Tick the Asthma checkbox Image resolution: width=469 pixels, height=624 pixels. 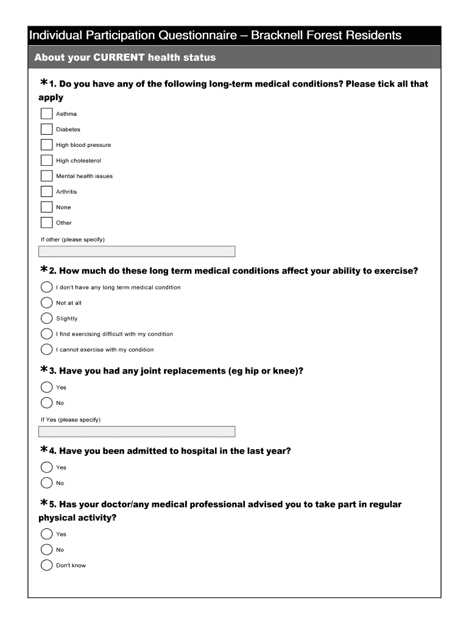[x=47, y=114]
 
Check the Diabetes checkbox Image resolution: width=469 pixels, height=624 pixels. [x=47, y=129]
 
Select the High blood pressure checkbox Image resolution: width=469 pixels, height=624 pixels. [x=47, y=145]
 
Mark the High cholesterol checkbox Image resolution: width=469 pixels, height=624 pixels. [x=47, y=160]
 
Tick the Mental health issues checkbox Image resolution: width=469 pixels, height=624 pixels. [x=47, y=176]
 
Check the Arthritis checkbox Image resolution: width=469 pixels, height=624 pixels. [x=47, y=191]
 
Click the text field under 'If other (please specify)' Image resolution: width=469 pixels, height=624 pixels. [x=137, y=252]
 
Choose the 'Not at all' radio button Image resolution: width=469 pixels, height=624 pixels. [x=47, y=303]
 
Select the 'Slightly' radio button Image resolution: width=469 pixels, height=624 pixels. [x=47, y=318]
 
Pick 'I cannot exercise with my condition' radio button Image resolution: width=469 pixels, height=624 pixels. [x=47, y=349]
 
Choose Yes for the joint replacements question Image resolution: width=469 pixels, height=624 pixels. [x=47, y=387]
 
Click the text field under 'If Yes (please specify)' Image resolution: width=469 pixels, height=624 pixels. [x=137, y=431]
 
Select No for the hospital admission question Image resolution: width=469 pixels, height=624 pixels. [x=47, y=483]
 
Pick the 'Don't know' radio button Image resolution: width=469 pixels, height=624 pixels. [x=47, y=565]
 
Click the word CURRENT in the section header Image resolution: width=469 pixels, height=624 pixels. [x=119, y=58]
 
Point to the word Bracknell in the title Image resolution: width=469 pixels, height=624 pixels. [x=278, y=35]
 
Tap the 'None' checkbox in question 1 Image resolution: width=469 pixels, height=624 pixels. [x=47, y=207]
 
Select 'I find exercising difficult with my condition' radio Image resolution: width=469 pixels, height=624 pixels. [x=47, y=334]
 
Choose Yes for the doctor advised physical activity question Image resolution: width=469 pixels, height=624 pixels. [x=47, y=534]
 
